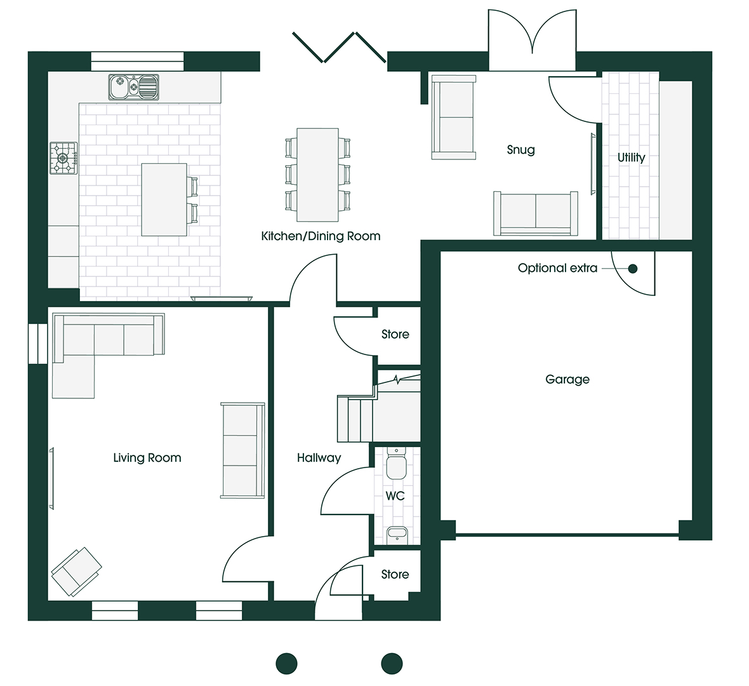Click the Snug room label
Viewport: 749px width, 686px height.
(x=520, y=150)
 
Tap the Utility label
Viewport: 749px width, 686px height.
(x=631, y=158)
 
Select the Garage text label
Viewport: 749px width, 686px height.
(x=567, y=380)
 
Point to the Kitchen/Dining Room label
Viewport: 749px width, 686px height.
(x=321, y=236)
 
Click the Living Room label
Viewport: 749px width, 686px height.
(x=147, y=458)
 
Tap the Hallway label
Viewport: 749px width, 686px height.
(x=319, y=458)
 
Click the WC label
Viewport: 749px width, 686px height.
(x=395, y=496)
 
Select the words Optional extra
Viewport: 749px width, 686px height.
(x=557, y=268)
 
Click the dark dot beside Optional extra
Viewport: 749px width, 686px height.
(x=632, y=269)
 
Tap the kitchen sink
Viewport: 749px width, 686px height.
(x=133, y=87)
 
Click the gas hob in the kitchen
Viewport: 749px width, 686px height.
(x=63, y=158)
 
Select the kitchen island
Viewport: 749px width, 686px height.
(x=164, y=199)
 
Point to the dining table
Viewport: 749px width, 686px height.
(x=317, y=175)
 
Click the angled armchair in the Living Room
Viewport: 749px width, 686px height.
(x=76, y=572)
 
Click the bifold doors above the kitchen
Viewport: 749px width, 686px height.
(x=339, y=47)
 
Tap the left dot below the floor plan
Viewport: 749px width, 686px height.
(x=287, y=664)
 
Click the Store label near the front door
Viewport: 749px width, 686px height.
(x=395, y=574)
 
